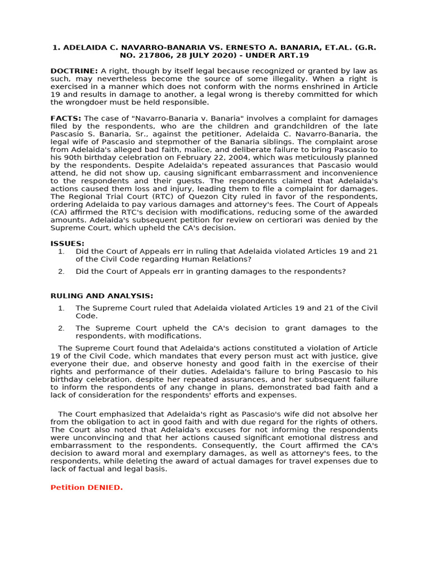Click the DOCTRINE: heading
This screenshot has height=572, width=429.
point(74,71)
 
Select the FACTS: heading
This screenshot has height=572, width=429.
point(66,118)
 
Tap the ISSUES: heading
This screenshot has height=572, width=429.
point(68,244)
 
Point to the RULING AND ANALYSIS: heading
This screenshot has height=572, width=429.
point(102,295)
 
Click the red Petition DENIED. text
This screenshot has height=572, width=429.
point(87,488)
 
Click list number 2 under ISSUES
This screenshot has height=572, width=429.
point(61,271)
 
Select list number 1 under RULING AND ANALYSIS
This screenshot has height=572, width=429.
point(61,308)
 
